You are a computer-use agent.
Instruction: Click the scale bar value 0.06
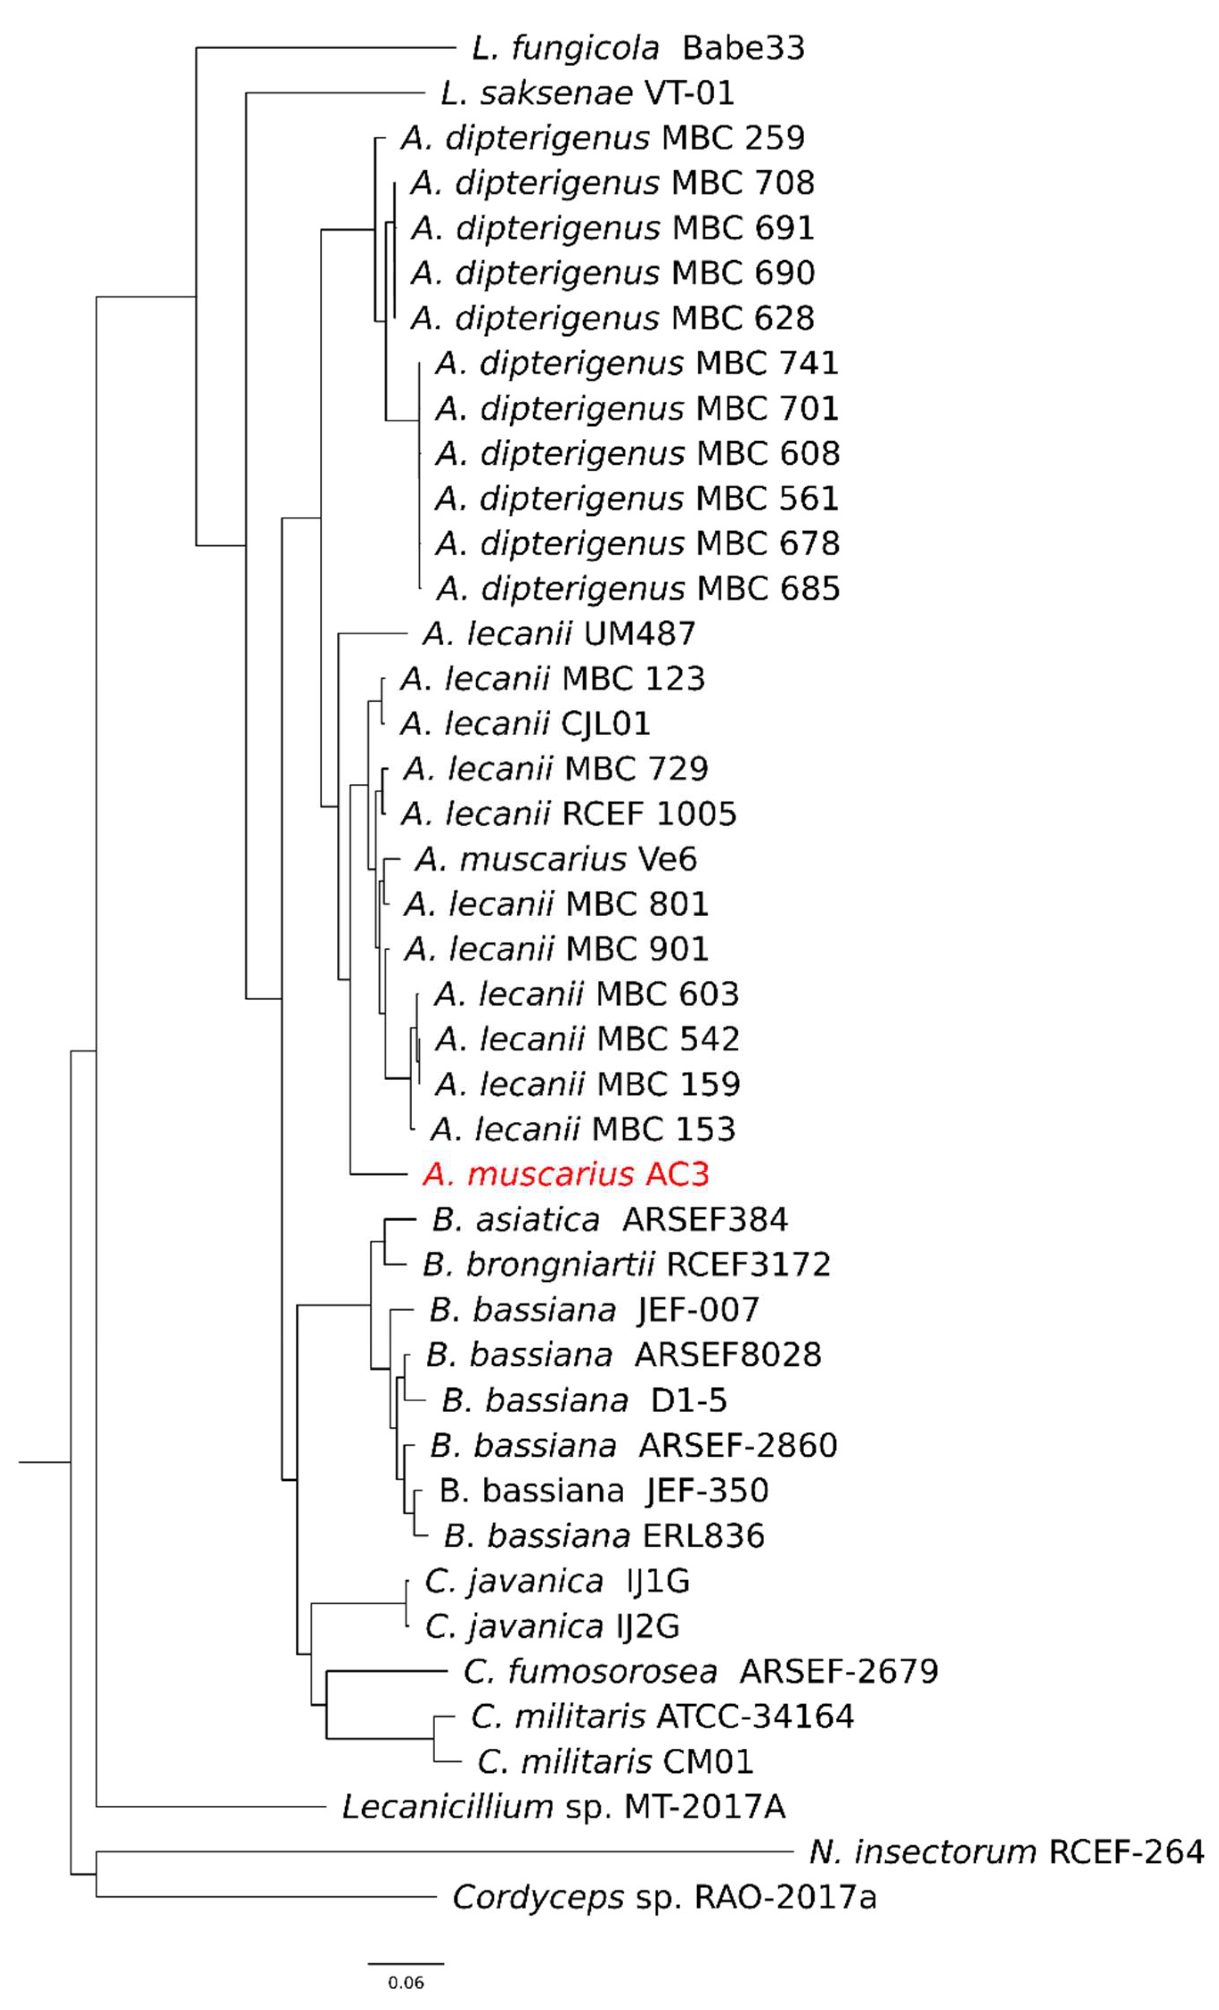[x=405, y=1983]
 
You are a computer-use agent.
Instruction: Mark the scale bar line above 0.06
[x=405, y=1964]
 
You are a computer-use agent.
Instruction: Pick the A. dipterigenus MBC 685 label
[x=638, y=589]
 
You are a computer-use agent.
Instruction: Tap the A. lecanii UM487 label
[x=559, y=634]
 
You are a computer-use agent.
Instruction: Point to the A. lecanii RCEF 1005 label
[x=569, y=814]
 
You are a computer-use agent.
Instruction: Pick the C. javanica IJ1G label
[x=557, y=1582]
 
